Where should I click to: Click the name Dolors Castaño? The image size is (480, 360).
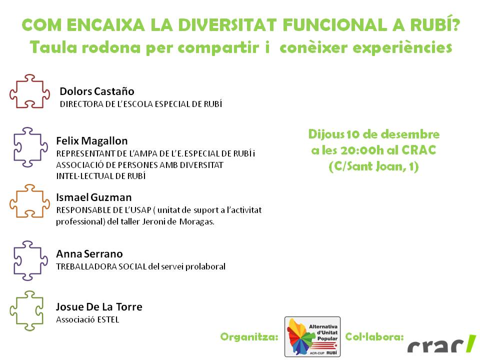96,91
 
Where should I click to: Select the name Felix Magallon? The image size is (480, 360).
92,141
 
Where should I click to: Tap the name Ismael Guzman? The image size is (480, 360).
93,197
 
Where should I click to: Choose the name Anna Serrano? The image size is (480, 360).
89,254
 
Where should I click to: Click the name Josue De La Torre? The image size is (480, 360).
99,306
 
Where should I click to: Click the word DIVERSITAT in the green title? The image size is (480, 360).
227,25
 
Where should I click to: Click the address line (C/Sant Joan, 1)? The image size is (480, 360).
374,166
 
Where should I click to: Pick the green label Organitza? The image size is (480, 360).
249,336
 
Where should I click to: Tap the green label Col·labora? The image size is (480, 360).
374,336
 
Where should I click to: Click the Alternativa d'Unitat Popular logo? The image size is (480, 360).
312,336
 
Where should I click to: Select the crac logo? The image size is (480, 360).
441,344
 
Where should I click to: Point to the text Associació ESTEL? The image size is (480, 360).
87,319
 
